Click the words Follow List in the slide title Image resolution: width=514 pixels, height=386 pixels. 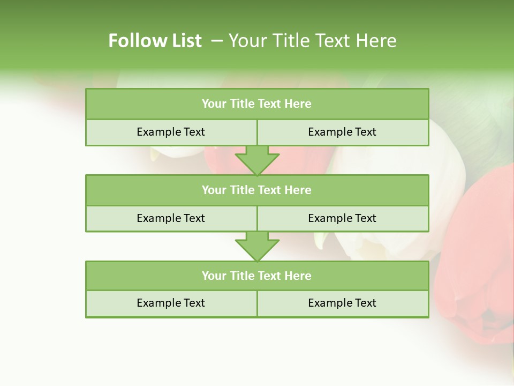155,41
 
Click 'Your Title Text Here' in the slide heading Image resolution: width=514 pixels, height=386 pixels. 312,41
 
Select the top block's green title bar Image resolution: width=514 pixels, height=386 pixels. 257,104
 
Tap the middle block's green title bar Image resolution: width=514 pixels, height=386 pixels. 257,190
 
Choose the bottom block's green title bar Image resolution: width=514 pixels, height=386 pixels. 257,276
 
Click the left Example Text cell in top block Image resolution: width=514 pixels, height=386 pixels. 171,132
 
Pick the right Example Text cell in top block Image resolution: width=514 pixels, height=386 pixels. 342,132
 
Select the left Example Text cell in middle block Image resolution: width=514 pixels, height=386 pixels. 171,218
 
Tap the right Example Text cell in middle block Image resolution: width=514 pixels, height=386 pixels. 342,218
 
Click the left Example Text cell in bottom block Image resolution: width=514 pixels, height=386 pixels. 171,303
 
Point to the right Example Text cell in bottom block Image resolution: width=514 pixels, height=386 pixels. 342,303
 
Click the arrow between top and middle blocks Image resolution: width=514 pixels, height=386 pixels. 257,160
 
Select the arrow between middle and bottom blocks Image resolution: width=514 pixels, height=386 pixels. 257,246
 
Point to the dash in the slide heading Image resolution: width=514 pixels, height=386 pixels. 217,41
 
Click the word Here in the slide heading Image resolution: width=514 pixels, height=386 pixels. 379,41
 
